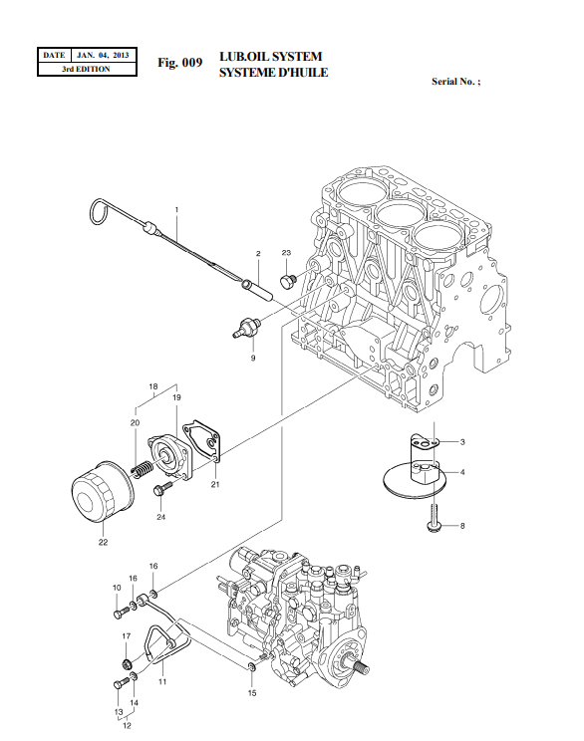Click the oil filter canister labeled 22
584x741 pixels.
(x=101, y=495)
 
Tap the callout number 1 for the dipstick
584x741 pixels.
(x=176, y=210)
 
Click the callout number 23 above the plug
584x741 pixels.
(x=286, y=254)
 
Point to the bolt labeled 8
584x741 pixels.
(x=435, y=521)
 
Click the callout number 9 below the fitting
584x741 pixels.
(x=252, y=356)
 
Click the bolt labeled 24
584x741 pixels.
(x=158, y=489)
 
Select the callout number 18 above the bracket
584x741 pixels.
(x=153, y=385)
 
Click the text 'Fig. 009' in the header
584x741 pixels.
(x=180, y=63)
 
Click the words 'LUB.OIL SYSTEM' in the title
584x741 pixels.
(x=270, y=57)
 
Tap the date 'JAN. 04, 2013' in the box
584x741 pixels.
(x=103, y=55)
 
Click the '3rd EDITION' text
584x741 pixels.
(x=86, y=70)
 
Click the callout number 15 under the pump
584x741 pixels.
(x=252, y=692)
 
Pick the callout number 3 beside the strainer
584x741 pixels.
(x=462, y=441)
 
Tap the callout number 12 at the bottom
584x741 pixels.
(x=127, y=726)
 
